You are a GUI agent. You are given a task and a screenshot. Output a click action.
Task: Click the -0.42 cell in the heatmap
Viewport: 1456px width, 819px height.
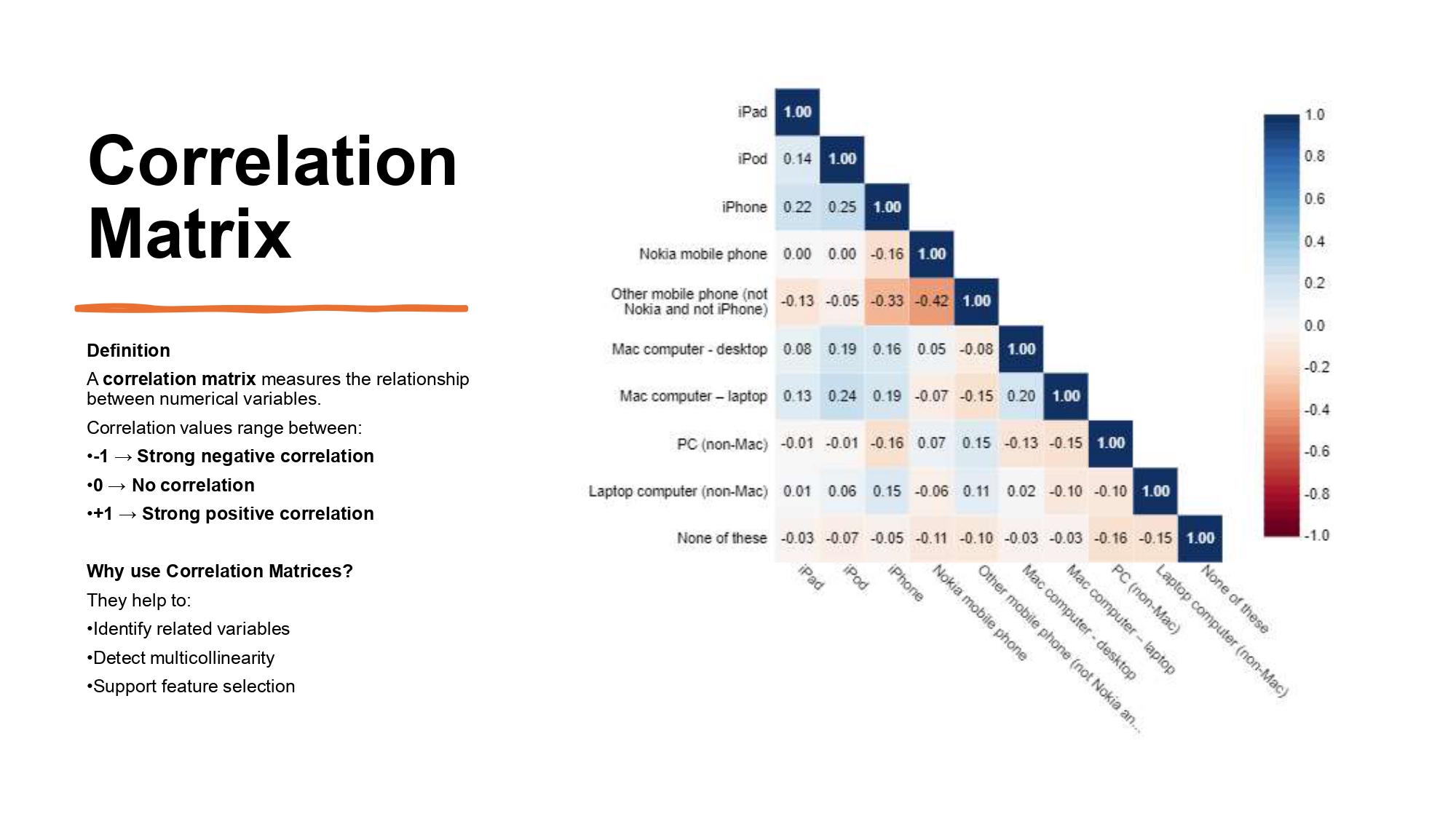click(931, 301)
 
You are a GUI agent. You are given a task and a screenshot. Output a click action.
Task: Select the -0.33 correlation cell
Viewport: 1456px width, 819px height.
click(887, 301)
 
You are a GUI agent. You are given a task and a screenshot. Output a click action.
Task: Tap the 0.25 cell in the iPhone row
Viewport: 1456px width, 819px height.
click(842, 207)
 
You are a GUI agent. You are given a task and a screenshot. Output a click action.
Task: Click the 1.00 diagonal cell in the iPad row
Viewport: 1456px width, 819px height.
click(797, 112)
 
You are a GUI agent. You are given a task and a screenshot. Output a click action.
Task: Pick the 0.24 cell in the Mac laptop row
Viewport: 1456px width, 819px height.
click(842, 396)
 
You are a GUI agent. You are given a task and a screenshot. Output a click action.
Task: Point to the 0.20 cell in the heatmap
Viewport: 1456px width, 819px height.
click(1021, 396)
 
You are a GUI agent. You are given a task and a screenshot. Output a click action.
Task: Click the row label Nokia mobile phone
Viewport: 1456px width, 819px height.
click(703, 254)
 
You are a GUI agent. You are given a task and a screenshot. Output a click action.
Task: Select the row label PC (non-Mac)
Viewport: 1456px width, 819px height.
click(721, 444)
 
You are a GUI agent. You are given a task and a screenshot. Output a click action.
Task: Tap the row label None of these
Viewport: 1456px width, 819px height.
click(721, 538)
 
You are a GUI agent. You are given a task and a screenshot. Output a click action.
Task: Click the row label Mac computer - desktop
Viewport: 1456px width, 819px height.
click(689, 349)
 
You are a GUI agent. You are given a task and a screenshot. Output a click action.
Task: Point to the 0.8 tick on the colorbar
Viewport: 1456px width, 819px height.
click(1314, 156)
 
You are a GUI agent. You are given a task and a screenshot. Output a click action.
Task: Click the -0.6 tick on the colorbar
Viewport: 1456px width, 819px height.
click(1316, 451)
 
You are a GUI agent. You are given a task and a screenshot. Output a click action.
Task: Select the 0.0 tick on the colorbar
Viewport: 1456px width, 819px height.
click(1314, 325)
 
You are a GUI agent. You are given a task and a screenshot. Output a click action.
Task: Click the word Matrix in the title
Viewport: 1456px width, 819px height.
click(189, 234)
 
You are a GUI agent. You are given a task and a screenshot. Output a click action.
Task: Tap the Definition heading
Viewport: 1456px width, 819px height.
click(128, 350)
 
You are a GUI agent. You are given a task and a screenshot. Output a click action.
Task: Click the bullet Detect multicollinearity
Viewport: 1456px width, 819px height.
click(183, 658)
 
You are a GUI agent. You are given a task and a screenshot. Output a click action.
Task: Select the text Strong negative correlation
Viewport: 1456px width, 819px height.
click(255, 456)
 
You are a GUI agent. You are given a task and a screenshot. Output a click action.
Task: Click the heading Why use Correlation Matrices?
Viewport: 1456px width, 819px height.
click(219, 571)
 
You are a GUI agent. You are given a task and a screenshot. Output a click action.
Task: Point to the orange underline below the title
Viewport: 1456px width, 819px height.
click(271, 309)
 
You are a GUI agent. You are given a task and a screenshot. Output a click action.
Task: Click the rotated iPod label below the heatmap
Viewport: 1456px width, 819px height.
click(856, 577)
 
